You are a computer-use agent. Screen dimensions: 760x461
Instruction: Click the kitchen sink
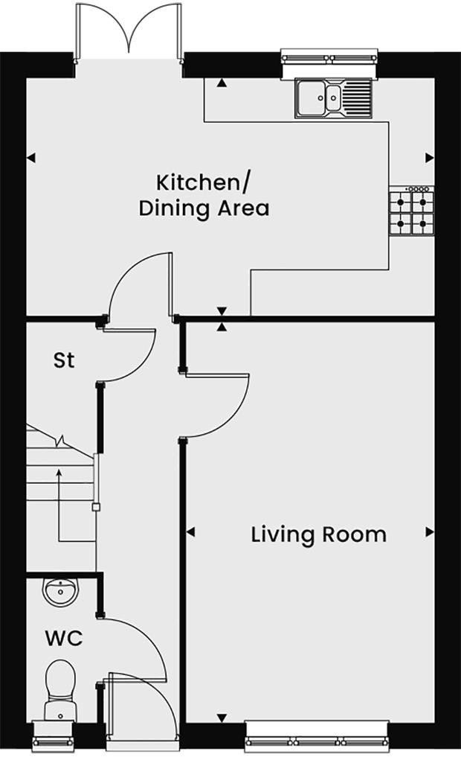tap(334, 98)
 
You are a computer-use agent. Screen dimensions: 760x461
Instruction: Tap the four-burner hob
tap(410, 211)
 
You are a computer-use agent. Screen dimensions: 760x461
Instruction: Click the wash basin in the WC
tap(59, 592)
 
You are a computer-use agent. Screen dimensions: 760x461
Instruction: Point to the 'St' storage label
tap(64, 361)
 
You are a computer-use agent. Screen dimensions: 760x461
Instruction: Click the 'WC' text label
tap(63, 639)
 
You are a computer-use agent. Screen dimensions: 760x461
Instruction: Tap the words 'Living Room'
tap(318, 534)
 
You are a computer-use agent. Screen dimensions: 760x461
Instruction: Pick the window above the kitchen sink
tap(329, 57)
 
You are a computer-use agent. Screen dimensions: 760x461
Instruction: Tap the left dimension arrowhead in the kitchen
tap(31, 158)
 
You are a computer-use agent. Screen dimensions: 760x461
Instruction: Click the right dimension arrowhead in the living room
tap(429, 531)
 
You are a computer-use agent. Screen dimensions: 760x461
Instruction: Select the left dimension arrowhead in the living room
tap(190, 531)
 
